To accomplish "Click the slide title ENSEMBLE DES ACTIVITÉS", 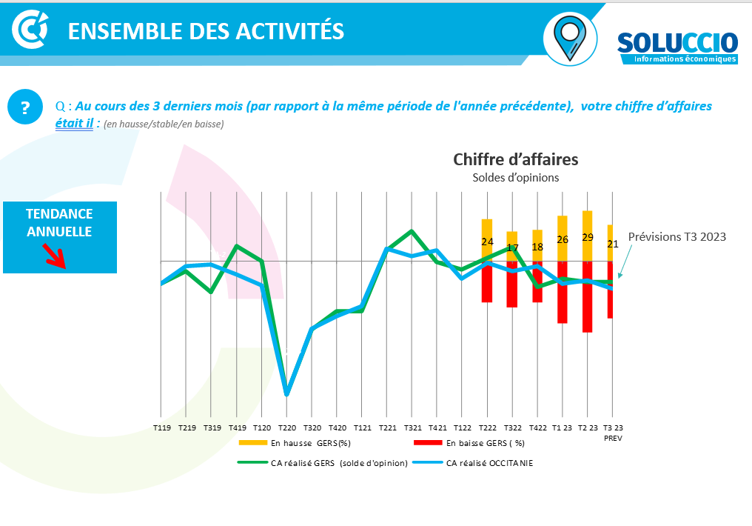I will (x=206, y=31).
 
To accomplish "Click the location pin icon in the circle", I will (x=570, y=38).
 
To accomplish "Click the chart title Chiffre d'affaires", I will (x=515, y=159).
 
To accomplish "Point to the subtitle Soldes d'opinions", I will (x=515, y=178).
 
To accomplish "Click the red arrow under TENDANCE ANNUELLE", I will (x=54, y=255).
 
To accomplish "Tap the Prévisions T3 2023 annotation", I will (x=677, y=237).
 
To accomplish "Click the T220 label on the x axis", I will (x=287, y=428).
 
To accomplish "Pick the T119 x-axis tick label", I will (x=161, y=428).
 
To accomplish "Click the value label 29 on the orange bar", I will (x=588, y=237).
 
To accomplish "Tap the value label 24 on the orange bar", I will (x=487, y=242).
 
